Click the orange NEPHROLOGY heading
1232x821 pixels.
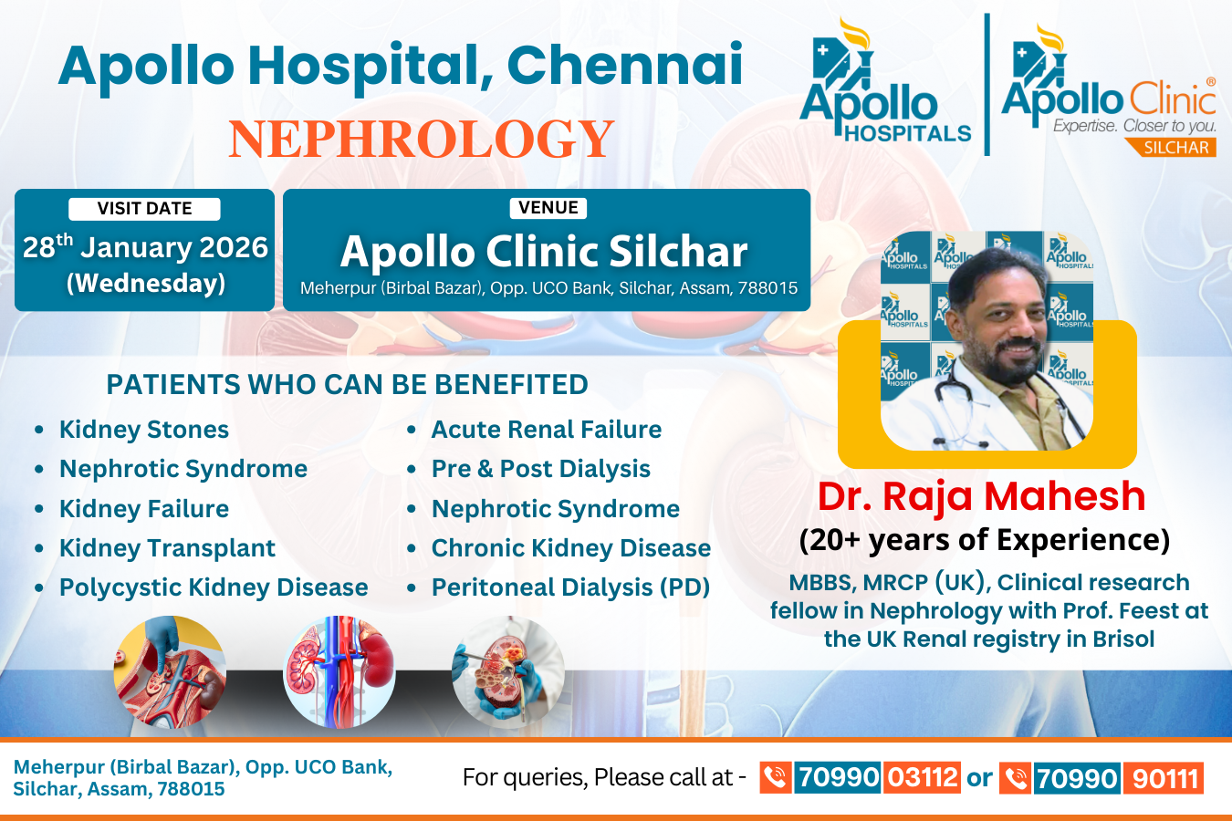[422, 139]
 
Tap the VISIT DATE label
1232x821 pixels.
[145, 208]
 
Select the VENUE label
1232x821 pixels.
[548, 208]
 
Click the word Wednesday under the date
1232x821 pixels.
[146, 283]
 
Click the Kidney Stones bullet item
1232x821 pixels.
[144, 430]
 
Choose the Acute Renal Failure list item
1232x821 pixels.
[546, 430]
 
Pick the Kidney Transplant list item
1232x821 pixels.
[167, 548]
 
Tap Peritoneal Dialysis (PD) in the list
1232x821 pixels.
[571, 587]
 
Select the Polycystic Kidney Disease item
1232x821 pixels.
[214, 587]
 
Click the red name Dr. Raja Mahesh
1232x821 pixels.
[981, 496]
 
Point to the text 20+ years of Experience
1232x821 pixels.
[985, 540]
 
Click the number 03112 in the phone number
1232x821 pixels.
[922, 777]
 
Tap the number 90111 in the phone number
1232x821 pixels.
[1164, 778]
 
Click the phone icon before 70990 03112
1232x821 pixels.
[776, 777]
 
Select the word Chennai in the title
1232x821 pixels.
[625, 65]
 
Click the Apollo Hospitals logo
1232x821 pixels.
[885, 82]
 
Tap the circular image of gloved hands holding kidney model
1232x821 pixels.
[507, 672]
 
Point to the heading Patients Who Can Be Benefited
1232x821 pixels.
[347, 384]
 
